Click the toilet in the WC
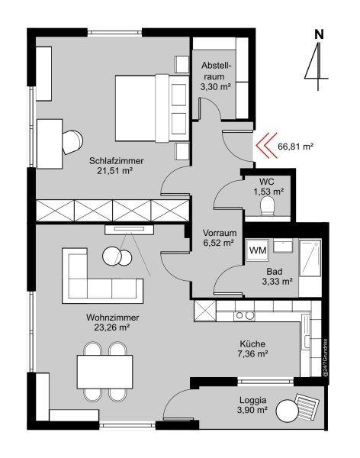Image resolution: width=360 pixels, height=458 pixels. pyautogui.click(x=267, y=205)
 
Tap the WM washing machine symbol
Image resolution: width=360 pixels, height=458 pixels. pyautogui.click(x=257, y=250)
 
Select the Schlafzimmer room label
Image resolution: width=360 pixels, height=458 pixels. pyautogui.click(x=116, y=160)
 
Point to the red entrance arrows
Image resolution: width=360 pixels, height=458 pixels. pyautogui.click(x=267, y=145)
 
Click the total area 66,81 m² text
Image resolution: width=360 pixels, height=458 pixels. pyautogui.click(x=295, y=147)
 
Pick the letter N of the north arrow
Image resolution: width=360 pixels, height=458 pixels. pyautogui.click(x=319, y=35)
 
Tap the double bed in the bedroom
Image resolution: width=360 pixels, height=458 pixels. pyautogui.click(x=152, y=108)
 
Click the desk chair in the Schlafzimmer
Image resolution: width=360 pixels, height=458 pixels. pyautogui.click(x=72, y=142)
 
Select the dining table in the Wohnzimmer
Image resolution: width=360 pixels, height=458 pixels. pyautogui.click(x=104, y=372)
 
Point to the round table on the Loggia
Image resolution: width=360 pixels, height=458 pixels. pyautogui.click(x=288, y=411)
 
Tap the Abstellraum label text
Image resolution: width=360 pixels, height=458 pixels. pyautogui.click(x=216, y=71)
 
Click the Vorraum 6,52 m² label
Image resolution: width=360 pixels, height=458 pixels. pyautogui.click(x=220, y=237)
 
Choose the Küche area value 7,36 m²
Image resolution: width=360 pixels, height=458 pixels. pyautogui.click(x=253, y=354)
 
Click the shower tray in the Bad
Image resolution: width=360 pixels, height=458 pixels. pyautogui.click(x=310, y=258)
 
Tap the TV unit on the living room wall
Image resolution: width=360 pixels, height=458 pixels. pyautogui.click(x=129, y=229)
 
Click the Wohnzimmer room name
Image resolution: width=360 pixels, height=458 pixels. pyautogui.click(x=112, y=318)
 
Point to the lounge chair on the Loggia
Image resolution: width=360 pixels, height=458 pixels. pyautogui.click(x=307, y=405)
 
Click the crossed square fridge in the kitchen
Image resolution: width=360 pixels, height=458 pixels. pyautogui.click(x=205, y=311)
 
